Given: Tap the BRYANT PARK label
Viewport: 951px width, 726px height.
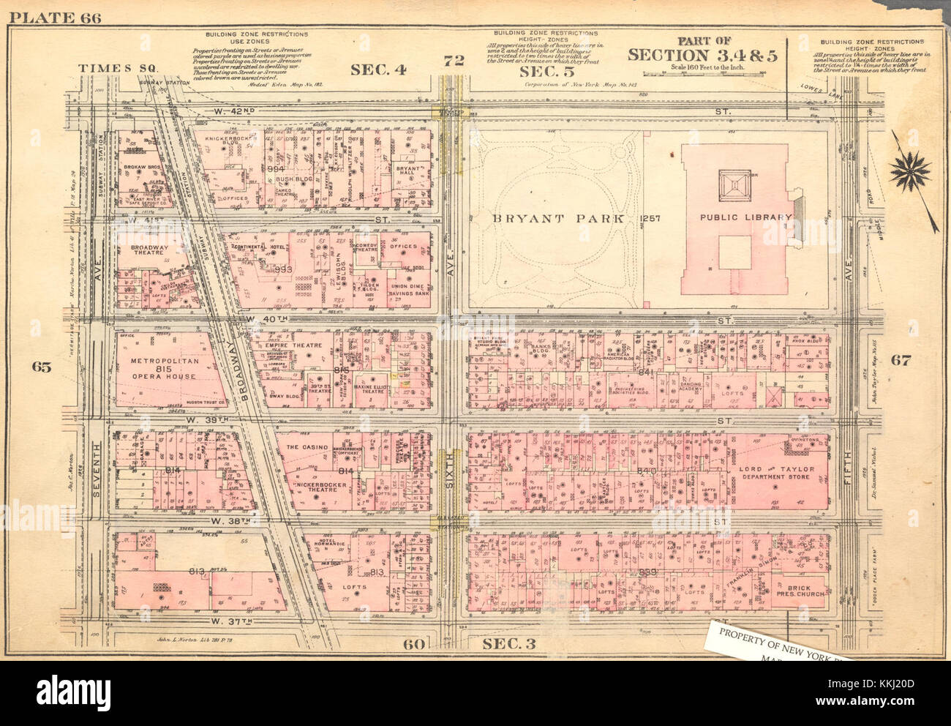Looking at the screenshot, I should click(x=557, y=218).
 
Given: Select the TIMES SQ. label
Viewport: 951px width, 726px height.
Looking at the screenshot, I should click(x=120, y=68).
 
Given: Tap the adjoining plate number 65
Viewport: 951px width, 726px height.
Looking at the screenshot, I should click(x=41, y=367).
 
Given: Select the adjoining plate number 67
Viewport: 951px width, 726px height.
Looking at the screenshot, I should click(x=900, y=359).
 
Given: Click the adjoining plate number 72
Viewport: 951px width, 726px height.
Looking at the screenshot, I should click(x=454, y=61).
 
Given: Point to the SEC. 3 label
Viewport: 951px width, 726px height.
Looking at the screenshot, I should click(x=509, y=643).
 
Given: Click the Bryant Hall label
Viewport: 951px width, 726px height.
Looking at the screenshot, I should click(x=407, y=171).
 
